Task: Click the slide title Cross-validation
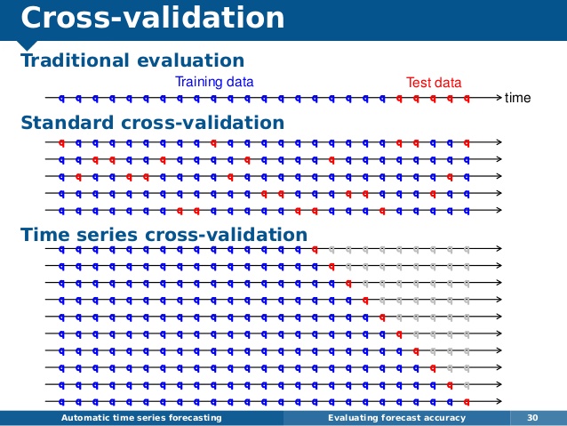pos(153,18)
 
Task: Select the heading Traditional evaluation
pos(132,60)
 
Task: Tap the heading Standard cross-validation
pos(153,123)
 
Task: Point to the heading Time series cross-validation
pos(164,234)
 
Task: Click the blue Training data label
pos(214,82)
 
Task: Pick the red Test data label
pos(434,83)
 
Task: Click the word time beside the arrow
pos(517,98)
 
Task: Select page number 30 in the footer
pos(532,418)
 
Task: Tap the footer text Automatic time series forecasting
pos(141,418)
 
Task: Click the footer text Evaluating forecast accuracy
pos(396,418)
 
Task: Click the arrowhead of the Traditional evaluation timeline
pos(499,97)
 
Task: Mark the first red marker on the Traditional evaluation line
pos(399,98)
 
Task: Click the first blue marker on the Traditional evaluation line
pos(61,98)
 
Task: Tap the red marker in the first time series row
pos(315,249)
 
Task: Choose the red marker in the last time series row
pos(467,402)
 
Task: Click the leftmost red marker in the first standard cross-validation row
pos(61,143)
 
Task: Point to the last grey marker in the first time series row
pos(467,249)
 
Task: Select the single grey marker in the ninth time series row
pos(467,385)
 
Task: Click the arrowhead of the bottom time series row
pos(499,401)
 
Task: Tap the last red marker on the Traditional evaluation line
pos(467,98)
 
